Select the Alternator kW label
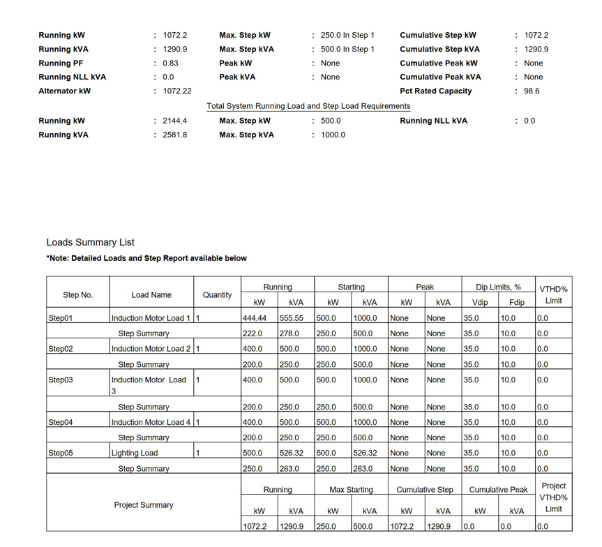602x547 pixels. tap(64, 91)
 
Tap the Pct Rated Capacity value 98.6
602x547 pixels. tap(532, 91)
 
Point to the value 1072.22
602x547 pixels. tap(177, 91)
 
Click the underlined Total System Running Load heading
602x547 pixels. tap(308, 106)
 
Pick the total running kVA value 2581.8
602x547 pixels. tap(174, 135)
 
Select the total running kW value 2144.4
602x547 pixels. tap(174, 121)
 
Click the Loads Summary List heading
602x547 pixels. tap(90, 242)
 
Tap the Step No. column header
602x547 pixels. tap(77, 295)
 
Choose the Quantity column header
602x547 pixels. tap(217, 295)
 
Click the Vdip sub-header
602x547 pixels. tap(480, 302)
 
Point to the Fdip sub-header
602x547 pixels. tap(516, 302)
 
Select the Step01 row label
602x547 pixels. tap(61, 318)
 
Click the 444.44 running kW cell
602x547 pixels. tap(255, 318)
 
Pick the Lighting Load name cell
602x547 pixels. tap(135, 453)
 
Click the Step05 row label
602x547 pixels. tap(61, 453)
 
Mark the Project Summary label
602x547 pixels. tap(144, 505)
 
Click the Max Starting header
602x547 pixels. tap(351, 490)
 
